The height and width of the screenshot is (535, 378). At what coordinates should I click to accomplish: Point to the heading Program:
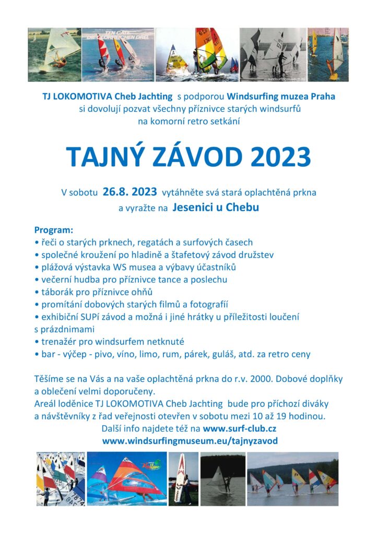[x=54, y=230]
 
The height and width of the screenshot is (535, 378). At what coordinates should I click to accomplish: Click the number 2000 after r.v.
[x=256, y=379]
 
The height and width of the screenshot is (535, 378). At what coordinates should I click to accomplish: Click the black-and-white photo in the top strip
[x=273, y=55]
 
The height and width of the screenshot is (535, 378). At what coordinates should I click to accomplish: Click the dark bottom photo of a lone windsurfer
[x=222, y=479]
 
